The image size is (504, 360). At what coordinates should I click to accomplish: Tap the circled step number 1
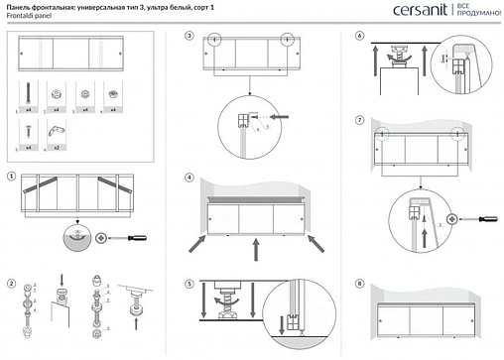11,179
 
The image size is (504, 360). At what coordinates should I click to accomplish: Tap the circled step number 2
11,286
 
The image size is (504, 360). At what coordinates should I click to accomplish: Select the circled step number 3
189,36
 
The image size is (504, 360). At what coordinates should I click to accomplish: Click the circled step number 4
189,179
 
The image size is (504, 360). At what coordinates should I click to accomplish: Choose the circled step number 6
359,36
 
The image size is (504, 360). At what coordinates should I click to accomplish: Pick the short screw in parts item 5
26,130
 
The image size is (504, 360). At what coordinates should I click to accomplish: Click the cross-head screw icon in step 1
100,238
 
